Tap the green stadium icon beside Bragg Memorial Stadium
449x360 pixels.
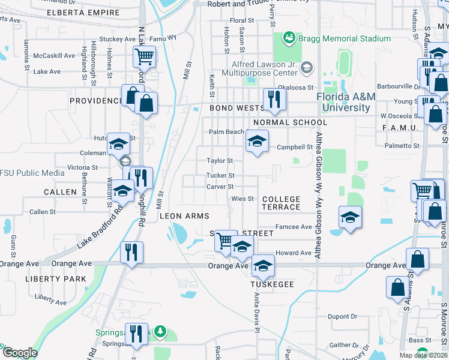[x=289, y=38]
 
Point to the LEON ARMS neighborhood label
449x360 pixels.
[x=184, y=216]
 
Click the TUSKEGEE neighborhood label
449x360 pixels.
[x=273, y=284]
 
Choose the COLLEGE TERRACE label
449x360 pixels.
[x=281, y=203]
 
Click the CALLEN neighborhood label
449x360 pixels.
[x=60, y=192]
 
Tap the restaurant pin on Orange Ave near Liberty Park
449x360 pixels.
[x=131, y=252]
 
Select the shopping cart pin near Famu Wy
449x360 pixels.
[x=144, y=58]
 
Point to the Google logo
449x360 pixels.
[x=20, y=353]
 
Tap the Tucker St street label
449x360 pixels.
[x=220, y=176]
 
